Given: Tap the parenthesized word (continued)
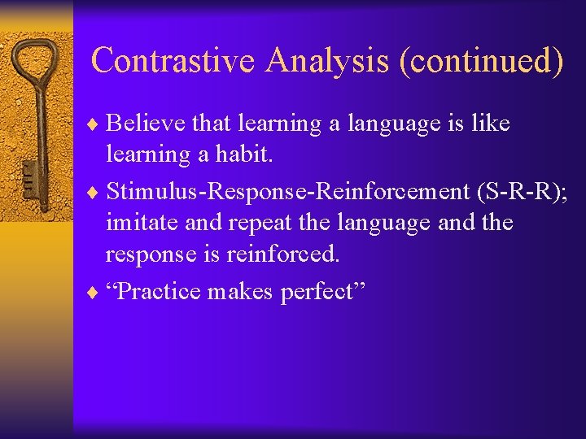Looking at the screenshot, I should coord(481,62).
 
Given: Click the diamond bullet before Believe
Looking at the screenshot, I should coord(98,124).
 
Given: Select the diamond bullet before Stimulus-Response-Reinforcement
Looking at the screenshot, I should coord(98,191).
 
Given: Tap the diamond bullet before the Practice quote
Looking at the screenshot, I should coord(98,291).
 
